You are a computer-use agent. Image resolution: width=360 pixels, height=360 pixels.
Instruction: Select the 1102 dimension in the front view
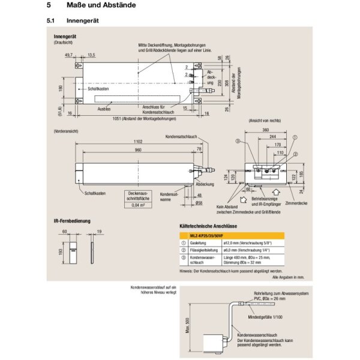[139, 141]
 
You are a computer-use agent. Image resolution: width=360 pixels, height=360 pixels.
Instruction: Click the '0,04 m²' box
[139, 204]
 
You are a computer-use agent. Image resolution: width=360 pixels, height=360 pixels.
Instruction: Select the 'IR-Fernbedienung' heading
[73, 221]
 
